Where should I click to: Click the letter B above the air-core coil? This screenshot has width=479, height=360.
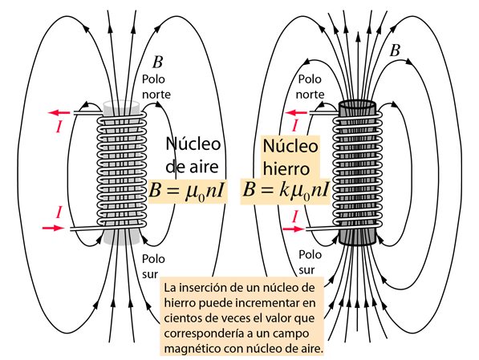[157, 62]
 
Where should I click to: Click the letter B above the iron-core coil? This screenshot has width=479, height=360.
[395, 51]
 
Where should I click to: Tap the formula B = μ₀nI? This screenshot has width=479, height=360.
[187, 191]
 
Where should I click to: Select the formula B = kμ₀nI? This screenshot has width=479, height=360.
[286, 191]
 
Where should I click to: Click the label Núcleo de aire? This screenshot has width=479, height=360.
[193, 156]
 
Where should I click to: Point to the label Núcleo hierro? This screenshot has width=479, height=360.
[290, 157]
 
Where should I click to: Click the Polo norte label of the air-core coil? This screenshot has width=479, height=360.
[156, 87]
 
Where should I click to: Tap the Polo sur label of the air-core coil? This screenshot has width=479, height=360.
[153, 266]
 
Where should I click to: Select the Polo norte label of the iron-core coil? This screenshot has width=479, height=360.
[310, 87]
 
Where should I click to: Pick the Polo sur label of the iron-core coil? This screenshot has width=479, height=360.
[310, 262]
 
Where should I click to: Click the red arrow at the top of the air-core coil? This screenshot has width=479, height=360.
[59, 113]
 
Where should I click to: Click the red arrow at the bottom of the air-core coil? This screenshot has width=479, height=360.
[54, 228]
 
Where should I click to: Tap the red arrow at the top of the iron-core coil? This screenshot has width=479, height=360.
[296, 113]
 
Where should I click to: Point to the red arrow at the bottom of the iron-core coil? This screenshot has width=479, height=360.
[294, 229]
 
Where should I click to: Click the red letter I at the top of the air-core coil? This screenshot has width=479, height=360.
[59, 127]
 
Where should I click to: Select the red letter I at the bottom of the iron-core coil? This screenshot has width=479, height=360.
[294, 217]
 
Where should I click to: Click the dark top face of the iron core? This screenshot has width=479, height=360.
[357, 105]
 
